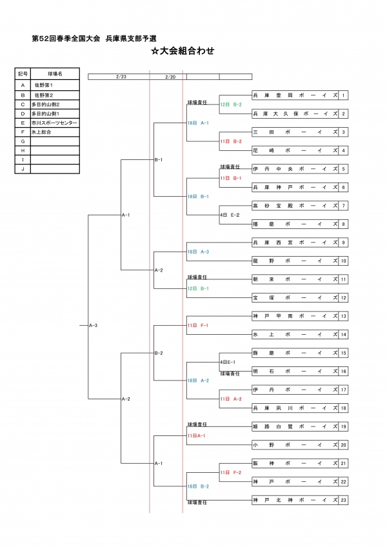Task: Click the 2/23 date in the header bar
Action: pyautogui.click(x=121, y=76)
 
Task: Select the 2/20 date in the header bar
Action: pyautogui.click(x=170, y=76)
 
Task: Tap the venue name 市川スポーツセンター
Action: pyautogui.click(x=54, y=123)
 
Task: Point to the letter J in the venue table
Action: pyautogui.click(x=23, y=169)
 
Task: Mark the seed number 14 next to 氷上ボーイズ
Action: pyautogui.click(x=344, y=334)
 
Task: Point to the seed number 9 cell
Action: pyautogui.click(x=344, y=243)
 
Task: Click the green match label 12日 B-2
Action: pyautogui.click(x=231, y=104)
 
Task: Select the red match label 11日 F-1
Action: pyautogui.click(x=197, y=325)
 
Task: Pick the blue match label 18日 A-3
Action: pyautogui.click(x=198, y=252)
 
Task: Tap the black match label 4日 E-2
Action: pyautogui.click(x=230, y=215)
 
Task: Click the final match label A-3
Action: pyautogui.click(x=93, y=325)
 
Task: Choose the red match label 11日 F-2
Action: pyautogui.click(x=231, y=473)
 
